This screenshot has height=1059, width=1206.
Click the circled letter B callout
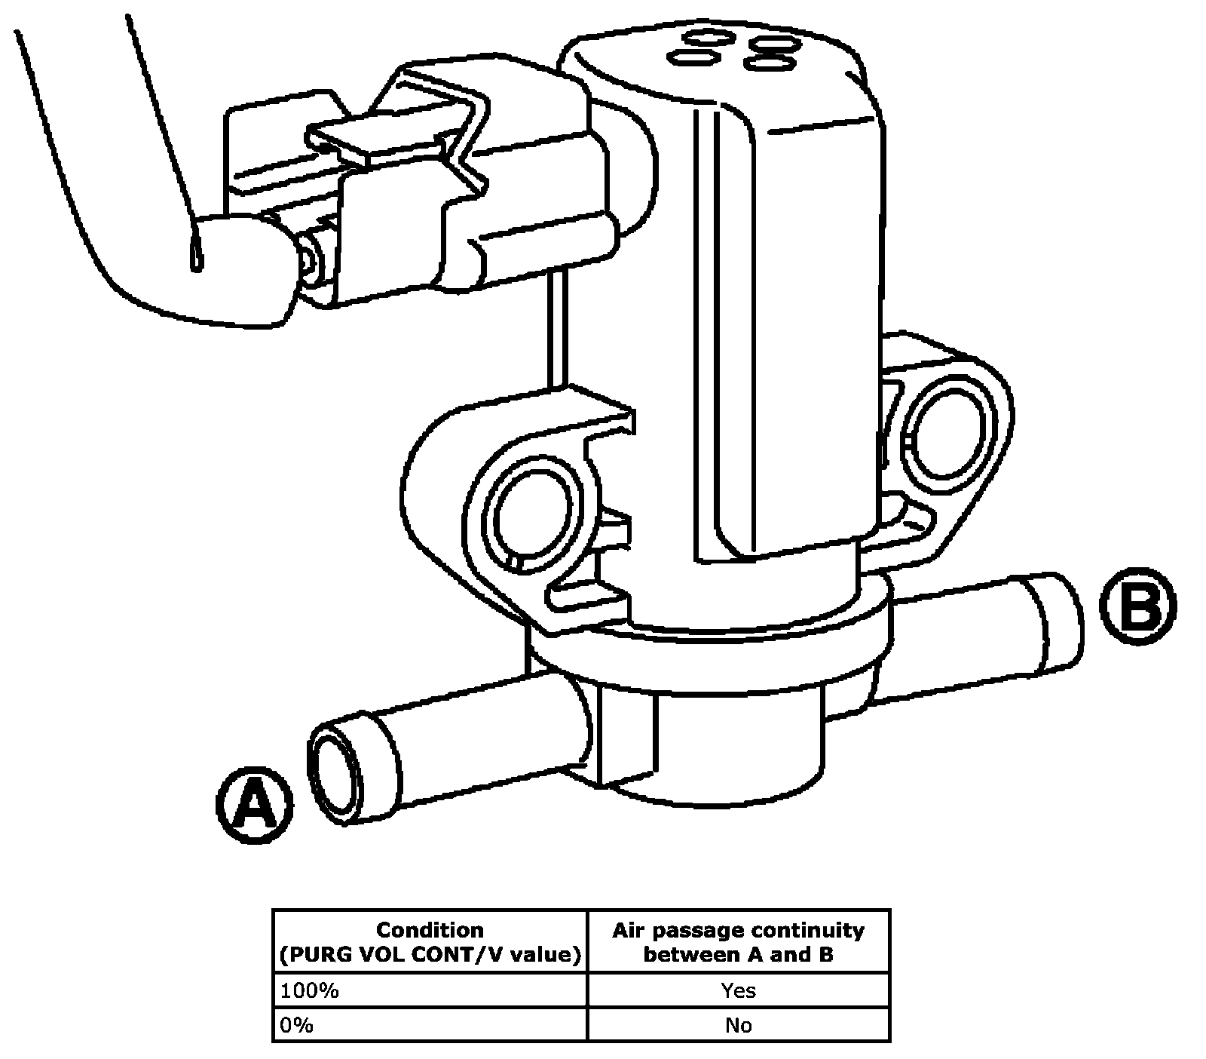coord(1137,609)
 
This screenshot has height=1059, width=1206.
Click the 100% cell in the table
coord(430,990)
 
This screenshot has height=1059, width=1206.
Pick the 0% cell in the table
coord(430,1025)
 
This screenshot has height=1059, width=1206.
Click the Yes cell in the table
coord(738,990)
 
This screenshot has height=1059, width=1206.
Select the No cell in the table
coord(738,1025)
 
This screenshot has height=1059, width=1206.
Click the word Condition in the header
coord(430,930)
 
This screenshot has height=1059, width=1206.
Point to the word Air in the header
coord(626,930)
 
